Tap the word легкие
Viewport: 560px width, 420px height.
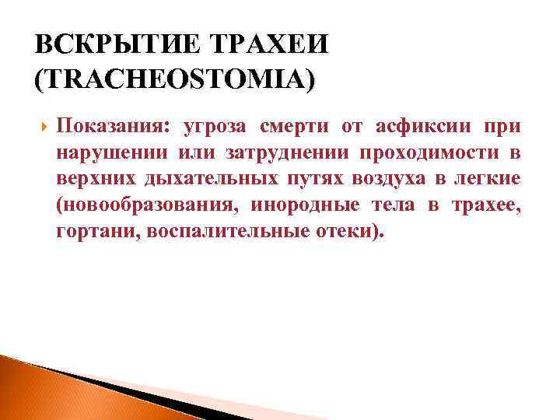pos(490,180)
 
